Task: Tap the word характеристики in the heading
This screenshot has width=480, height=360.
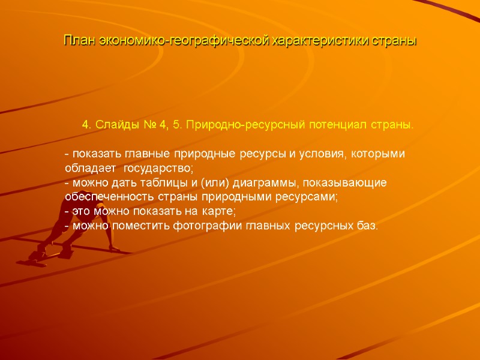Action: [x=325, y=42]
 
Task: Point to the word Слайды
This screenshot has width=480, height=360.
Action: [x=119, y=125]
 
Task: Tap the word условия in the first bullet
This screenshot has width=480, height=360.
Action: [x=321, y=154]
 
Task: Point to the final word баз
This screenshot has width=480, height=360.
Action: [x=368, y=226]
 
